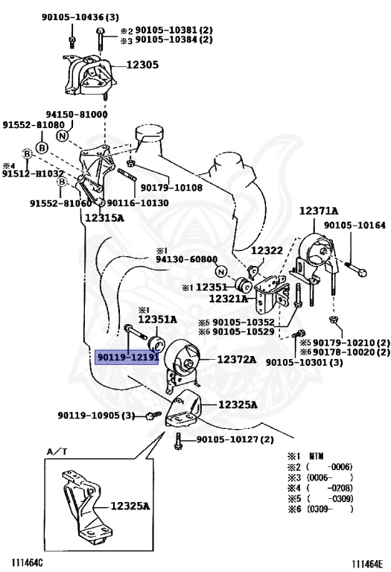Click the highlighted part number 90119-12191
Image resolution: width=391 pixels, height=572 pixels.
[127, 357]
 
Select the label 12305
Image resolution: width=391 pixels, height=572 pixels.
[142, 65]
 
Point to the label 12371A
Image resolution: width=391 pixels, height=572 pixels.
[319, 211]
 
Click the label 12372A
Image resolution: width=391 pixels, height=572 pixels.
[237, 360]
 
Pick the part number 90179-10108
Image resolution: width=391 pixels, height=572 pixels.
[171, 188]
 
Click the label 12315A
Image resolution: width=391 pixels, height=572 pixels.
[104, 217]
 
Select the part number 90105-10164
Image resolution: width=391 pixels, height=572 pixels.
[355, 225]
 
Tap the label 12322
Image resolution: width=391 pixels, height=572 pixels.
[267, 250]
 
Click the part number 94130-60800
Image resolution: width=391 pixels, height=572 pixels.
[186, 259]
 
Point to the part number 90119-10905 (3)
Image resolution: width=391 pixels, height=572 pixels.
[96, 415]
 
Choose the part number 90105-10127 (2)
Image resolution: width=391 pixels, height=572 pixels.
[235, 439]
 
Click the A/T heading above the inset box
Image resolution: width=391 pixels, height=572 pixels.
[57, 451]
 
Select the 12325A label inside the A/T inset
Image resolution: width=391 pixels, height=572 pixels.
[130, 506]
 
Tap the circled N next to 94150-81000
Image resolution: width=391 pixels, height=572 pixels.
[63, 136]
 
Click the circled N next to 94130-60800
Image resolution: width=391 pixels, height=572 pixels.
[220, 272]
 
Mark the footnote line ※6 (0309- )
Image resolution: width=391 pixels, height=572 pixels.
[320, 509]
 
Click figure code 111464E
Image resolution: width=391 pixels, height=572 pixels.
[367, 564]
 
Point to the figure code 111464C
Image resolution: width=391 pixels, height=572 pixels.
[27, 563]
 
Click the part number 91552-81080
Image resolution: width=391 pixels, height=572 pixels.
[34, 125]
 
